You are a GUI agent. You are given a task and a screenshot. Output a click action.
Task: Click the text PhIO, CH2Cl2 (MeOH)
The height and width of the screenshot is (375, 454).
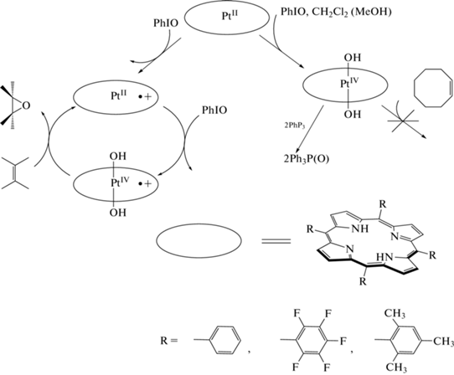336,13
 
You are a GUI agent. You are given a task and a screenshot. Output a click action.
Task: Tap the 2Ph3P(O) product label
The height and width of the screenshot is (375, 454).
307,159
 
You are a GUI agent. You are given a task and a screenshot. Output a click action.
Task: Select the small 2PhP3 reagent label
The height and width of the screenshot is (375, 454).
295,126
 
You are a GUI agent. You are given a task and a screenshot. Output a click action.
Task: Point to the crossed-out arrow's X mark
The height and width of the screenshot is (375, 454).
403,121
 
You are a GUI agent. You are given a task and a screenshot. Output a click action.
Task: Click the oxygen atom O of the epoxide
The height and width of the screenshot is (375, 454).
26,105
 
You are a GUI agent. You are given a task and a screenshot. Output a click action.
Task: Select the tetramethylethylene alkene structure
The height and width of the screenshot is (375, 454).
15,173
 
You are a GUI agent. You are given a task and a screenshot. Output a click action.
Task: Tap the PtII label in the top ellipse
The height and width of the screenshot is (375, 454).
230,15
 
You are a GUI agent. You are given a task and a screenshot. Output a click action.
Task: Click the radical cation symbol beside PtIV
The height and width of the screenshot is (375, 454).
145,183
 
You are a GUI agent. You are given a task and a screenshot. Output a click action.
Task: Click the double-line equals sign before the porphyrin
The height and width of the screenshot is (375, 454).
276,241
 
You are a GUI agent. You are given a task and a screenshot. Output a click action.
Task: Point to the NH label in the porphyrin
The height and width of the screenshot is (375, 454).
359,229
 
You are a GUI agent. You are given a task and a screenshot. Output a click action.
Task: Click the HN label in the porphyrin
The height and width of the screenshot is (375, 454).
384,257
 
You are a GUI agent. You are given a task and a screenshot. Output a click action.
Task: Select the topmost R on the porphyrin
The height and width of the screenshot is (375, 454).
383,204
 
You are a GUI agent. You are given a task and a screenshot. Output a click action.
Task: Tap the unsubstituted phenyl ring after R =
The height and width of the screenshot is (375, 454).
225,340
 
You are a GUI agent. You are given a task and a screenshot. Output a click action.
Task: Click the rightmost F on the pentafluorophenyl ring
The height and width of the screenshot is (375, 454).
343,342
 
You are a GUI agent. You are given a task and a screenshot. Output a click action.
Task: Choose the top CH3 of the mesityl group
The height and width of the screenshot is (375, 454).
395,313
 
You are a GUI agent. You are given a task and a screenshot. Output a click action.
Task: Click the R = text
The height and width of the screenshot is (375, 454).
168,341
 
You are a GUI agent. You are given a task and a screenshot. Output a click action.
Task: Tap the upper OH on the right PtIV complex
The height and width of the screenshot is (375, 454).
353,58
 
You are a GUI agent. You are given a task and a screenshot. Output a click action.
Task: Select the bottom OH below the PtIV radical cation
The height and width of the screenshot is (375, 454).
118,213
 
